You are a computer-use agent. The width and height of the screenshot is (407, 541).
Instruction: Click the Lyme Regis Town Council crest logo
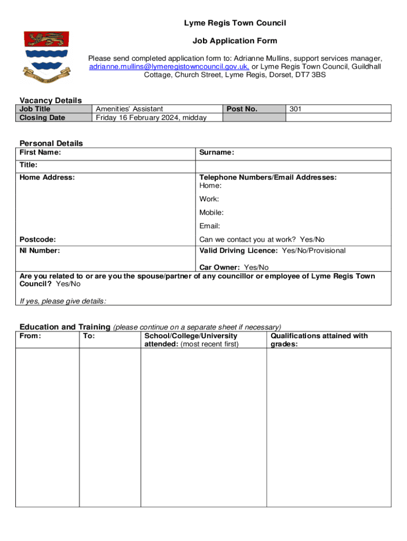(47, 55)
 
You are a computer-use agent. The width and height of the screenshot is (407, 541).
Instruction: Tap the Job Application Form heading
(235, 41)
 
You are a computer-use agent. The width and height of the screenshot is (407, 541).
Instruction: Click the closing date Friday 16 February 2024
(151, 117)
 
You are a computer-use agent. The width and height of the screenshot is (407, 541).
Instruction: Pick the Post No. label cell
(242, 109)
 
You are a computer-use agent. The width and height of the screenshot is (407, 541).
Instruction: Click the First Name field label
(40, 153)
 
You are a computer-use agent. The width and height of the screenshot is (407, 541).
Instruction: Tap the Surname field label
(217, 153)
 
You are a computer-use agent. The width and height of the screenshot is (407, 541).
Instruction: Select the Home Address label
(47, 178)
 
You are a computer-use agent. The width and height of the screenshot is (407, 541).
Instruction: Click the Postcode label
(38, 240)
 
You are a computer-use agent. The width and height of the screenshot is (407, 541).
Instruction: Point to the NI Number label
(40, 250)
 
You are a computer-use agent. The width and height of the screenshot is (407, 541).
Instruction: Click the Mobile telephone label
(211, 213)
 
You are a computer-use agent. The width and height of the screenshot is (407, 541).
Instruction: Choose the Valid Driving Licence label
(238, 250)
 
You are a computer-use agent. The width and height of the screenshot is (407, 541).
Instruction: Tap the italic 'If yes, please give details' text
(63, 301)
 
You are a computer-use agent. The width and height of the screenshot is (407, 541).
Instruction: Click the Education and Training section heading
(64, 327)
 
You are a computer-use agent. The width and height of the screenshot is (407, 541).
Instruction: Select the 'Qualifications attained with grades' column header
(319, 340)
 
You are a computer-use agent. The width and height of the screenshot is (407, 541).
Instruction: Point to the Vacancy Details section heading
(51, 100)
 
